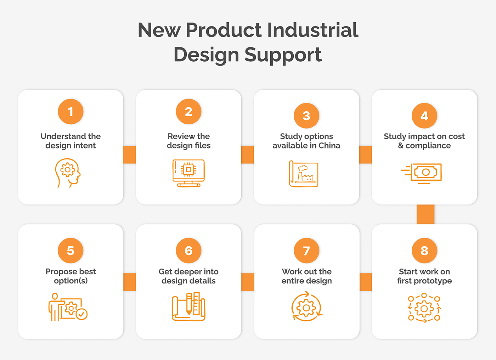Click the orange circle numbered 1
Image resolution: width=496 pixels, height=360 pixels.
[71, 111]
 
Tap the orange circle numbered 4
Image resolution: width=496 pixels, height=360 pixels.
[424, 116]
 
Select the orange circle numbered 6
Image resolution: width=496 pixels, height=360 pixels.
[188, 251]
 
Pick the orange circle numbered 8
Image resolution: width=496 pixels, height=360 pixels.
[424, 251]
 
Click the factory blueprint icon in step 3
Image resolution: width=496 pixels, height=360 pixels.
[304, 174]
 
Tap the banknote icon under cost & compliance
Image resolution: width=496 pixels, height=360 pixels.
[421, 174]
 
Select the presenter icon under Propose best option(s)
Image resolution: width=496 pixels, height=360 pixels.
[68, 307]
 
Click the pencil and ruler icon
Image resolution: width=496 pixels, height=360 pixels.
[188, 306]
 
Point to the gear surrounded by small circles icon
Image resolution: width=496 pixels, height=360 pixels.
[424, 308]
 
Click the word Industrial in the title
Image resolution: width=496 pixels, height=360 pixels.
[312, 30]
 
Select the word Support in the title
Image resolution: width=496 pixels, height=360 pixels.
[283, 55]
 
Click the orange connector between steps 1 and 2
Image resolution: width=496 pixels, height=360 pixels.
[130, 154]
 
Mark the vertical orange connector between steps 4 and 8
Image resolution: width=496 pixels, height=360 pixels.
[425, 214]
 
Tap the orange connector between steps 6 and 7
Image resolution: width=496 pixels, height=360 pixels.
[248, 282]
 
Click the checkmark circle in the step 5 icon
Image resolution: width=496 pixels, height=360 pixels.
[81, 314]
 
